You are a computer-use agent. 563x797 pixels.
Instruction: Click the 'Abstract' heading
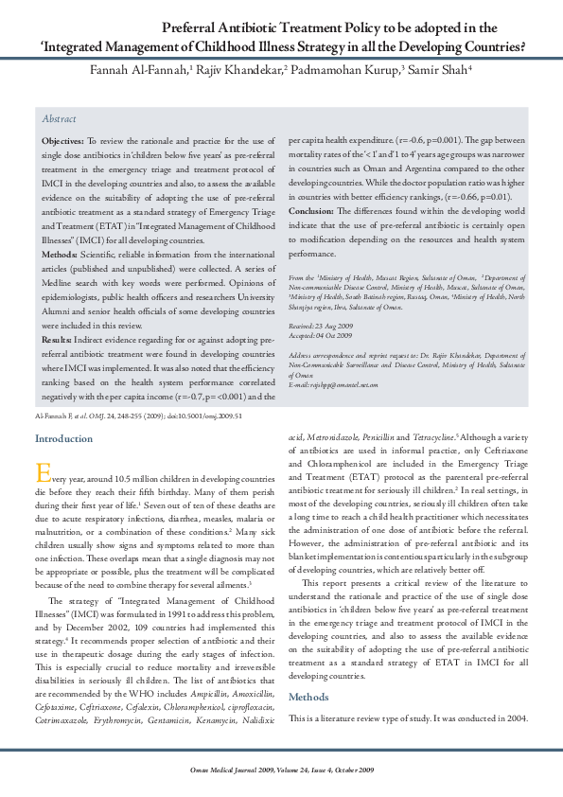59,120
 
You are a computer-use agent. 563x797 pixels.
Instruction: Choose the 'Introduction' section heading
63,438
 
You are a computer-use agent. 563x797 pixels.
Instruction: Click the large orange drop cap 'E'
41,471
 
